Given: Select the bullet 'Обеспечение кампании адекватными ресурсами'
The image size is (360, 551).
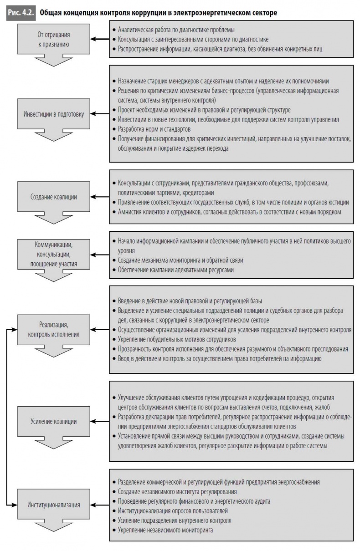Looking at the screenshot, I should pyautogui.click(x=175, y=270).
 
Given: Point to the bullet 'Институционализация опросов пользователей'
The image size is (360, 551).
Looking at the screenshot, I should pyautogui.click(x=172, y=511).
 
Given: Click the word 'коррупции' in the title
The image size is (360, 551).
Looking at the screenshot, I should pyautogui.click(x=145, y=13).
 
